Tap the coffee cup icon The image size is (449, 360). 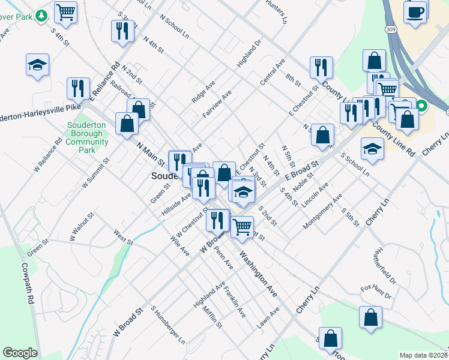415,12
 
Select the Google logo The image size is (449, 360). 19,353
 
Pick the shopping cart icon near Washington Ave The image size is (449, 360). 242,226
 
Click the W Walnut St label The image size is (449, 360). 82,226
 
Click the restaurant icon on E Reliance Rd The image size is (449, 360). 78,88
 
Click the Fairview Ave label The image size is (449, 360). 217,104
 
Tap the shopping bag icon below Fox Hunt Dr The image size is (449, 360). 371,317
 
